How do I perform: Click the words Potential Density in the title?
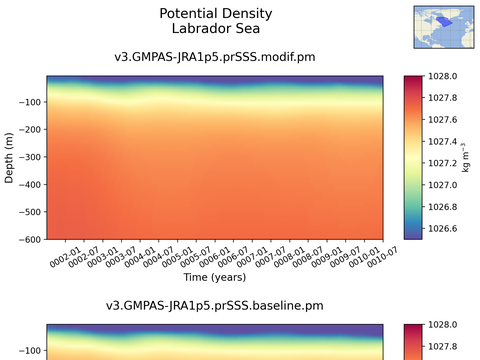(216, 13)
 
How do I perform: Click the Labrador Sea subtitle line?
(216, 28)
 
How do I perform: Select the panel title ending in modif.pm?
(215, 57)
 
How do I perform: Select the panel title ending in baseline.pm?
(215, 306)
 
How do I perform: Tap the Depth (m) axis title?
(9, 158)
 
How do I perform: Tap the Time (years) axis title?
(215, 277)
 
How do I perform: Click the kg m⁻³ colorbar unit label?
(466, 157)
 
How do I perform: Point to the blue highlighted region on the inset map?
(444, 22)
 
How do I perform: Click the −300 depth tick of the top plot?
(30, 157)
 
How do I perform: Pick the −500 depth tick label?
(30, 212)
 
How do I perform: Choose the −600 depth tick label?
(30, 239)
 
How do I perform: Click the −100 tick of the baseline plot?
(30, 351)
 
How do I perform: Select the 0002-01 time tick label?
(66, 257)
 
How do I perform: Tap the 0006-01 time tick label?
(215, 257)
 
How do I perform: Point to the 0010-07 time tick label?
(382, 257)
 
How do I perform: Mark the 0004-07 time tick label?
(159, 257)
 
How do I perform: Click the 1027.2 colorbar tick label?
(442, 163)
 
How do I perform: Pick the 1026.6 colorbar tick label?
(442, 229)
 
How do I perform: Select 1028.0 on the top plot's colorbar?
(442, 76)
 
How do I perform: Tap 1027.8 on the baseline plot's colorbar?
(442, 347)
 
